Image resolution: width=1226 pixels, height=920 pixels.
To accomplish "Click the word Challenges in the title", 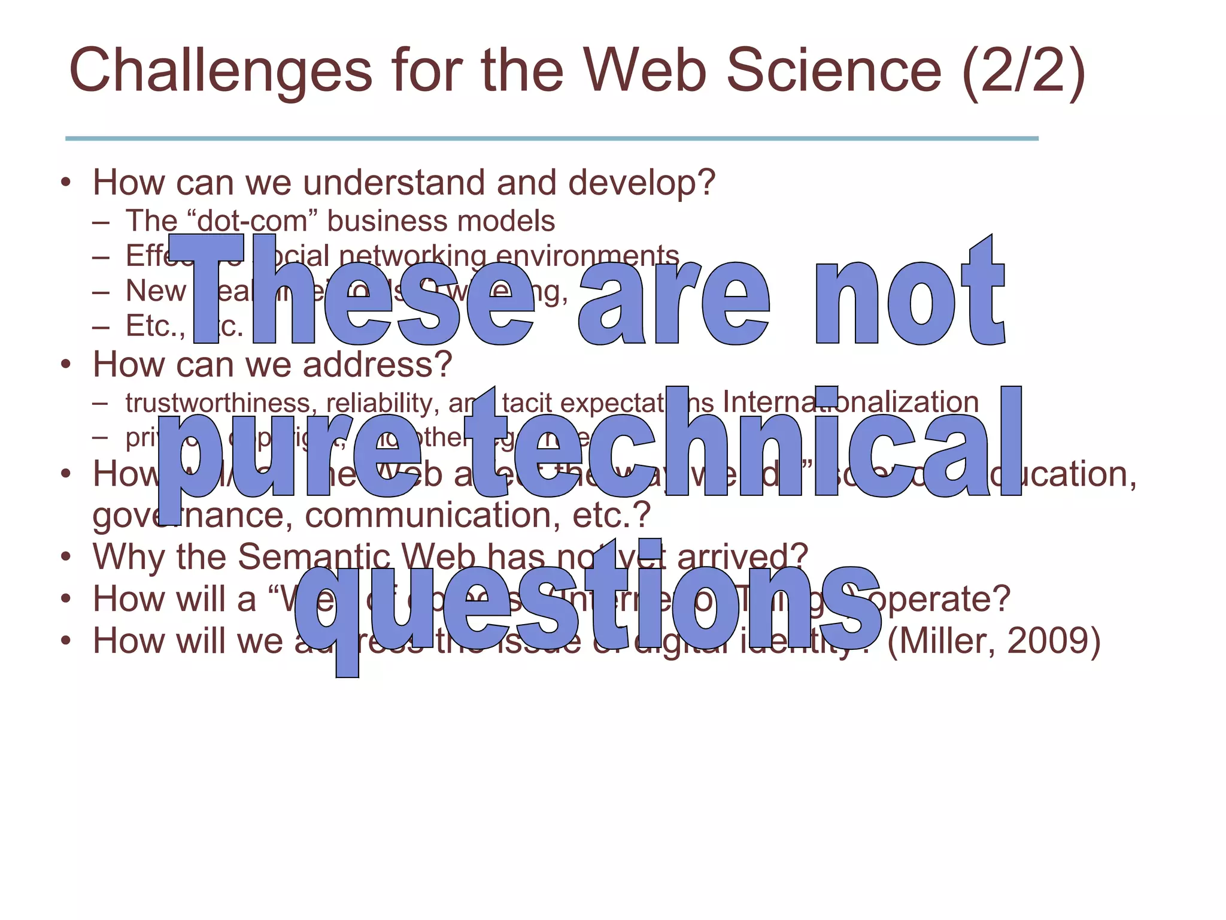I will (x=221, y=72).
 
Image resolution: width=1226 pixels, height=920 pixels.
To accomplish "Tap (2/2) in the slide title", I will (x=1023, y=72).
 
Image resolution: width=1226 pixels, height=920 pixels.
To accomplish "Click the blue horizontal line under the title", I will (x=551, y=138).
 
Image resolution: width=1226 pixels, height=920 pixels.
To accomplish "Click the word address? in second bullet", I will (x=377, y=364).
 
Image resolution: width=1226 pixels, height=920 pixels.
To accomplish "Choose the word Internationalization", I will (x=851, y=402).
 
